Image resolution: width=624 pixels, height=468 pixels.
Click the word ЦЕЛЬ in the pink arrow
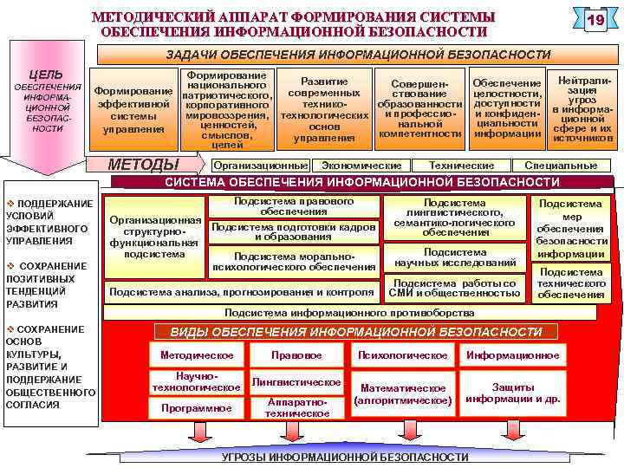46,75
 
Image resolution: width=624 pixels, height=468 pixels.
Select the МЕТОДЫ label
143,165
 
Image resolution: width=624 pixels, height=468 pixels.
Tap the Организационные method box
260,165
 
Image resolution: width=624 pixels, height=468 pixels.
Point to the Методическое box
197,354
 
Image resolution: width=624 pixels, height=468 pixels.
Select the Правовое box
296,354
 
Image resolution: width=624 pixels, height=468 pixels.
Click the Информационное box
513,354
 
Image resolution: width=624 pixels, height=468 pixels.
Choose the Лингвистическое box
296,382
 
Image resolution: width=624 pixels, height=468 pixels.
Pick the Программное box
197,406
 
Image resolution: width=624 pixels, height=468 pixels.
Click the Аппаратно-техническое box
296,408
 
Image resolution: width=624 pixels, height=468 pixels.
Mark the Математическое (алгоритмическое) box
403,394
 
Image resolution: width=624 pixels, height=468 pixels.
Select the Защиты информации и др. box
513,393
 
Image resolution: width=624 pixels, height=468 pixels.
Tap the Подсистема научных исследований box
455,257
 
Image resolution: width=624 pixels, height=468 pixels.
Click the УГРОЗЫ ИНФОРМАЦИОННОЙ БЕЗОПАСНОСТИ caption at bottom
345,457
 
